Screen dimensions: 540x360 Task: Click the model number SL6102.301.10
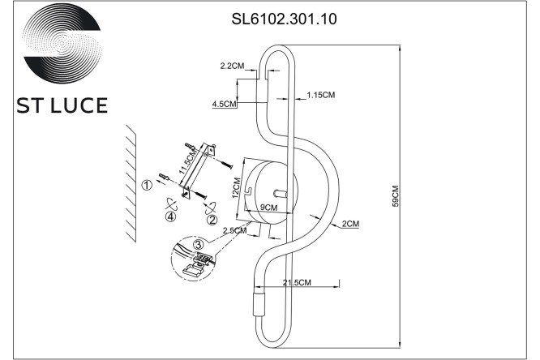pyautogui.click(x=284, y=19)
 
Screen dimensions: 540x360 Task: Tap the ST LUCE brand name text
pyautogui.click(x=62, y=105)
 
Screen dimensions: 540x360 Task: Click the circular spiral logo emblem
pyautogui.click(x=62, y=44)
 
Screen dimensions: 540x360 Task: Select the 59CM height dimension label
pyautogui.click(x=395, y=196)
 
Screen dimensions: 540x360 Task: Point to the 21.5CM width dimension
pyautogui.click(x=297, y=282)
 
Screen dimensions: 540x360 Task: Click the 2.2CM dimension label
pyautogui.click(x=232, y=66)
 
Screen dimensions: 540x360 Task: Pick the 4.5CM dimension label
pyautogui.click(x=225, y=103)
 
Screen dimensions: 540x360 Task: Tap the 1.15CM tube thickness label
pyautogui.click(x=320, y=95)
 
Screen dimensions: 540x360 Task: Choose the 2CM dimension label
pyautogui.click(x=350, y=224)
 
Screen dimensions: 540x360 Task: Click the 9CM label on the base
pyautogui.click(x=268, y=207)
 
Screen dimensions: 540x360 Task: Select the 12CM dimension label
pyautogui.click(x=236, y=187)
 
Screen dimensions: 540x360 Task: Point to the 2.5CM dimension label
pyautogui.click(x=234, y=230)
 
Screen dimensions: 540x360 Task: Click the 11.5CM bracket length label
pyautogui.click(x=188, y=161)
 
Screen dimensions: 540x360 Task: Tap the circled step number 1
pyautogui.click(x=147, y=185)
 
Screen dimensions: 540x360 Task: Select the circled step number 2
pyautogui.click(x=212, y=220)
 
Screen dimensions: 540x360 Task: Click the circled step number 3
pyautogui.click(x=198, y=244)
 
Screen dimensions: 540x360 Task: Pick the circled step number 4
pyautogui.click(x=170, y=216)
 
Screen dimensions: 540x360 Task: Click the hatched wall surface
pyautogui.click(x=131, y=183)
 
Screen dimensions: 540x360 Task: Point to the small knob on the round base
pyautogui.click(x=280, y=194)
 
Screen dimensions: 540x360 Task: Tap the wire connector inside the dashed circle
pyautogui.click(x=203, y=258)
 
